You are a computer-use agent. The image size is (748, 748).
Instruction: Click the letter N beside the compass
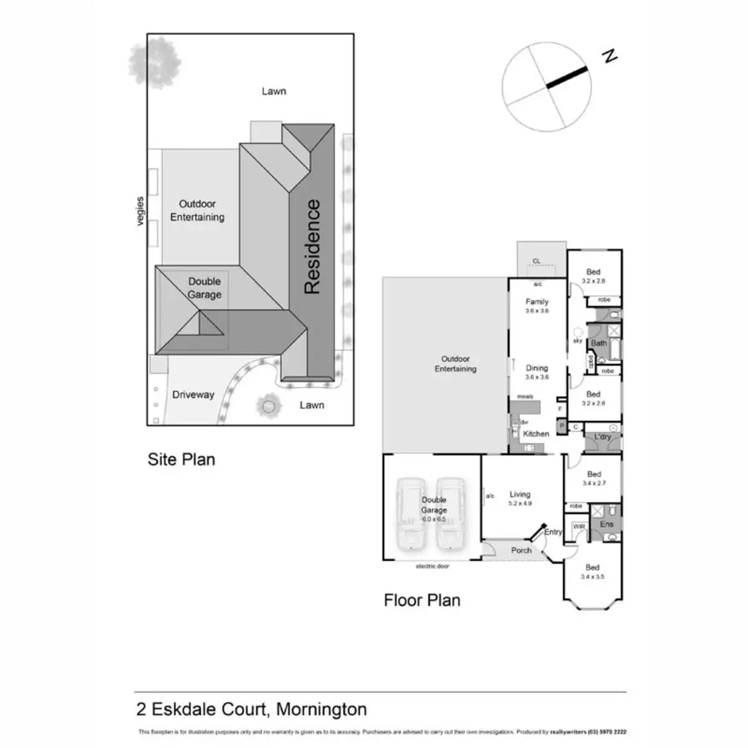tap(610, 56)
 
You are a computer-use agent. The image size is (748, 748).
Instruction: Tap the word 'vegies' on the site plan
tap(140, 211)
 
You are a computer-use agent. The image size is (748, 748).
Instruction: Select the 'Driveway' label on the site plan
tap(193, 395)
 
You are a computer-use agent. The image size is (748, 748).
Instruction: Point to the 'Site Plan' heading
tap(181, 459)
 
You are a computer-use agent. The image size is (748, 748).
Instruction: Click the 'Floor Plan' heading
tap(422, 600)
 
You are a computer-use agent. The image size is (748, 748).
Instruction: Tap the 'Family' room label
tap(537, 302)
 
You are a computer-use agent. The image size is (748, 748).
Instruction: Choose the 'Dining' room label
tap(537, 368)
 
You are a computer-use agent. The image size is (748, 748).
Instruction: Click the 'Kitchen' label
tap(536, 434)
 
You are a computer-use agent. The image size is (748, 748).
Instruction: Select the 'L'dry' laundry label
tap(602, 437)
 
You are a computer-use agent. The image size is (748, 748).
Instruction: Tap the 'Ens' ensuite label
tap(607, 524)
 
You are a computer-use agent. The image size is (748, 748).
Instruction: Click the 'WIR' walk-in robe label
tap(579, 527)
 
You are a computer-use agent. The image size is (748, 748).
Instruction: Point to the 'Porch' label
tap(521, 550)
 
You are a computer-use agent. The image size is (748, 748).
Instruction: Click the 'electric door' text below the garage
tap(433, 567)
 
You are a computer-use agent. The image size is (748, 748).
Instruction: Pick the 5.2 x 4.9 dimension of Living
tap(520, 504)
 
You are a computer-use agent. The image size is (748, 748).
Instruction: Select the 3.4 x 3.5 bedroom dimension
tap(592, 577)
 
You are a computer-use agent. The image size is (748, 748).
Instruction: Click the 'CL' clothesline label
tap(537, 261)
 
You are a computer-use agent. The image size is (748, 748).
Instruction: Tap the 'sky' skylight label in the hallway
tap(578, 341)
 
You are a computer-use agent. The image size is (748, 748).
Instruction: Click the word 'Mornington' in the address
tap(322, 709)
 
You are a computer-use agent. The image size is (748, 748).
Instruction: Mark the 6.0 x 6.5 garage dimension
tap(434, 519)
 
